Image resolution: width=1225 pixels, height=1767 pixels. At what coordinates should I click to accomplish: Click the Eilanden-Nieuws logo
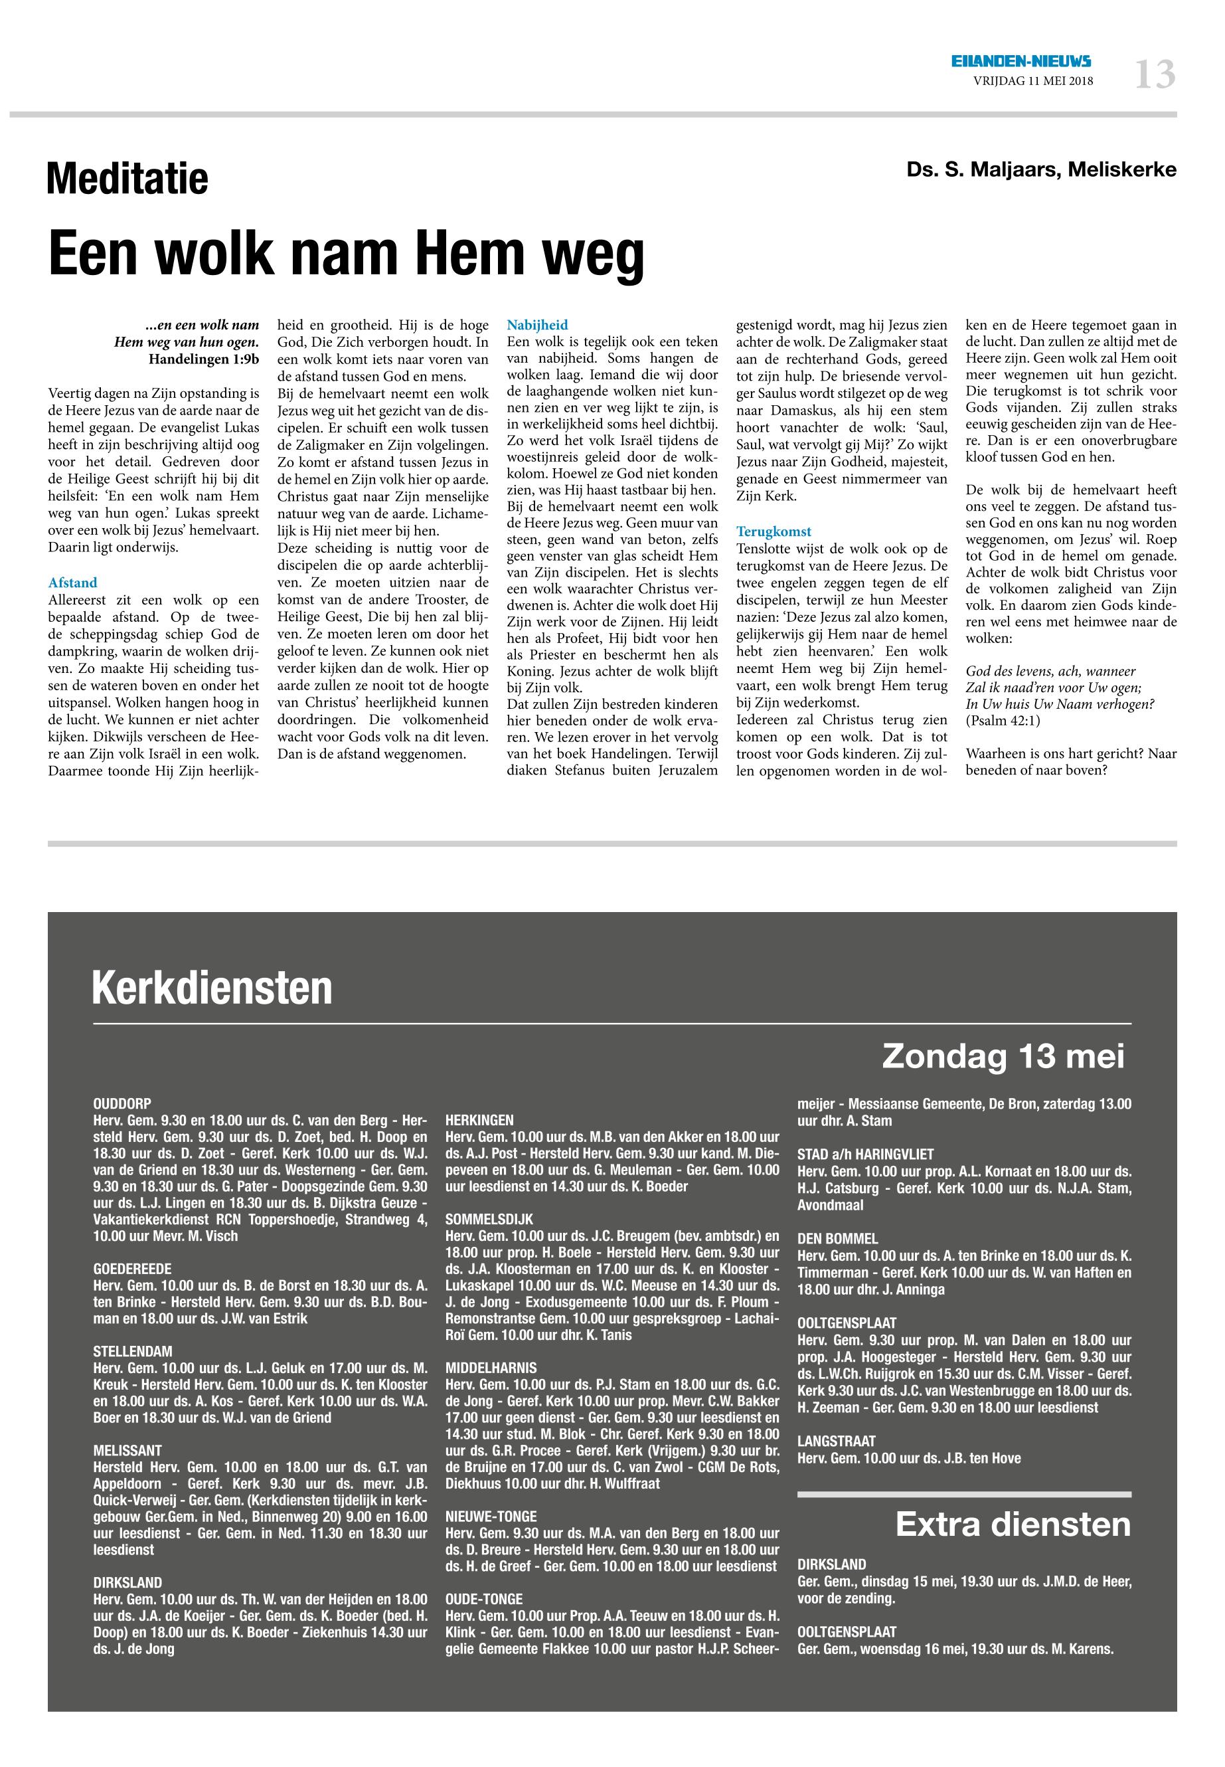[1021, 61]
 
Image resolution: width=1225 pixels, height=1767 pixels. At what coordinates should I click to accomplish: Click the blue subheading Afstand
[73, 583]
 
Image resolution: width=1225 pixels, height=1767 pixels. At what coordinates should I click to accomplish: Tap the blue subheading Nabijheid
[537, 325]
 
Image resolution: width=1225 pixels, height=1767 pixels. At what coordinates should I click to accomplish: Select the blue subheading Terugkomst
[774, 531]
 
